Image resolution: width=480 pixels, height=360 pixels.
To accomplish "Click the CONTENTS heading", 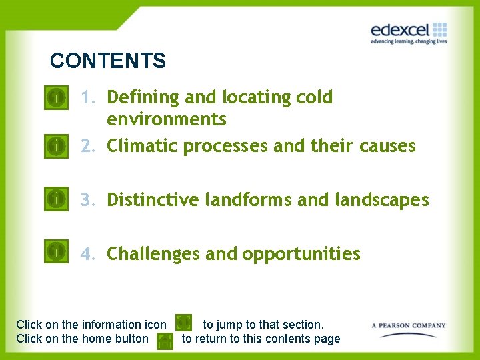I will (x=107, y=61).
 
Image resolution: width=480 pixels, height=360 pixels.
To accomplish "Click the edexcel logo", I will (x=408, y=32).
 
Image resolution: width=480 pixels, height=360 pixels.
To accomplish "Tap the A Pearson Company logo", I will (x=408, y=326).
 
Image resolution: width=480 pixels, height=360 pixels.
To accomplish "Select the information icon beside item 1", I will (x=57, y=98).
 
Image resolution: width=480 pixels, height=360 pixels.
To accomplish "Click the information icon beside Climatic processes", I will (x=57, y=145).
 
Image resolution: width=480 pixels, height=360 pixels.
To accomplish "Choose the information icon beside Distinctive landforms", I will (x=57, y=198).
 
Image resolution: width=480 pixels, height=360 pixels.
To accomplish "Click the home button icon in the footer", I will (x=164, y=341).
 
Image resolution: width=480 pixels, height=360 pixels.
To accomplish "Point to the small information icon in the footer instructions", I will (x=183, y=323).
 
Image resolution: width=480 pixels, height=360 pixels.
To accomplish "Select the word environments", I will (x=167, y=119).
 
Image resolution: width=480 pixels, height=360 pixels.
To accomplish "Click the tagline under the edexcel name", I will (x=408, y=41).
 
